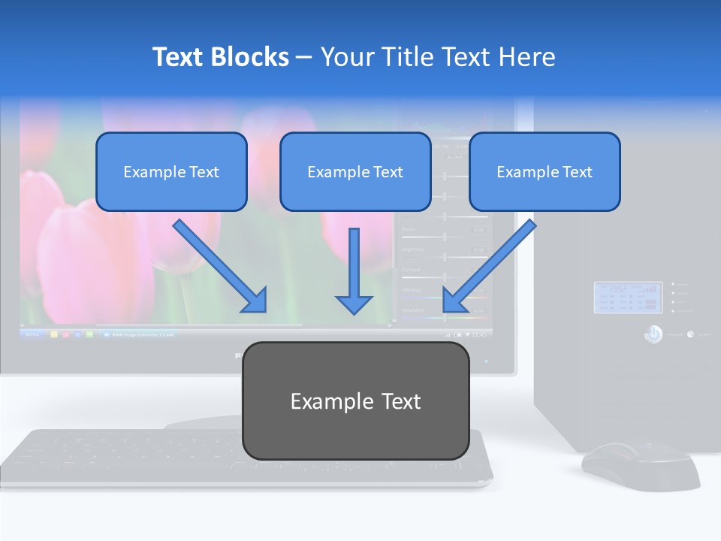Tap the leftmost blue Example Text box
171,171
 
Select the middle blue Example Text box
355,171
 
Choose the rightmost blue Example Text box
545,171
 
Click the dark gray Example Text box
355,400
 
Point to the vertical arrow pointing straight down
354,270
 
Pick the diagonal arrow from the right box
489,266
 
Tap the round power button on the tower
653,334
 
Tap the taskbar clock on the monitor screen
478,334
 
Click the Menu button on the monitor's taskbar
32,334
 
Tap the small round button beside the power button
690,334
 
